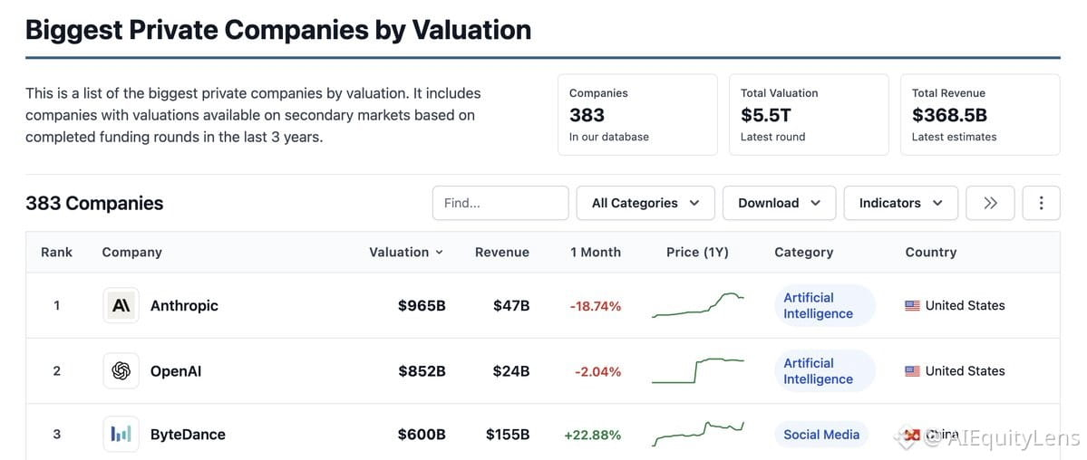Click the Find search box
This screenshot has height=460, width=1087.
click(500, 203)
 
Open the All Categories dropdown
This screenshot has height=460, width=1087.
click(645, 203)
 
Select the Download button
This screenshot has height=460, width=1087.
click(779, 203)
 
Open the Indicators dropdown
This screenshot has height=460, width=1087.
click(900, 203)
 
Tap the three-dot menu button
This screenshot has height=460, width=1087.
click(1041, 203)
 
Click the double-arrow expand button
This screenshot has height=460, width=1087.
click(990, 203)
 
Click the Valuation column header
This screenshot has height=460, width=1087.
click(405, 252)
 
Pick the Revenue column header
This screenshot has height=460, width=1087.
click(502, 252)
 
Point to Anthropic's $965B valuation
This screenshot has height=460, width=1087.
click(422, 305)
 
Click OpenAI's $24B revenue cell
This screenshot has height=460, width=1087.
click(511, 371)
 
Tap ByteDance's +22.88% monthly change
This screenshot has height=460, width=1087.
click(593, 436)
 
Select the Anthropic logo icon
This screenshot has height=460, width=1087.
click(121, 305)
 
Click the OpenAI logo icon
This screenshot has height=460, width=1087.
click(121, 371)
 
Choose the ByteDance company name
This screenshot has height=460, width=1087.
click(188, 436)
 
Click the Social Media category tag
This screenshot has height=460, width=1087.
click(821, 435)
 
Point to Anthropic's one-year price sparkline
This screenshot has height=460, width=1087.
click(698, 305)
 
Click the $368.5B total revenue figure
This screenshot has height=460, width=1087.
click(949, 115)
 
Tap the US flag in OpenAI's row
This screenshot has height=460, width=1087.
click(912, 371)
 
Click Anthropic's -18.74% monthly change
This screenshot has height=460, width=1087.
click(596, 306)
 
